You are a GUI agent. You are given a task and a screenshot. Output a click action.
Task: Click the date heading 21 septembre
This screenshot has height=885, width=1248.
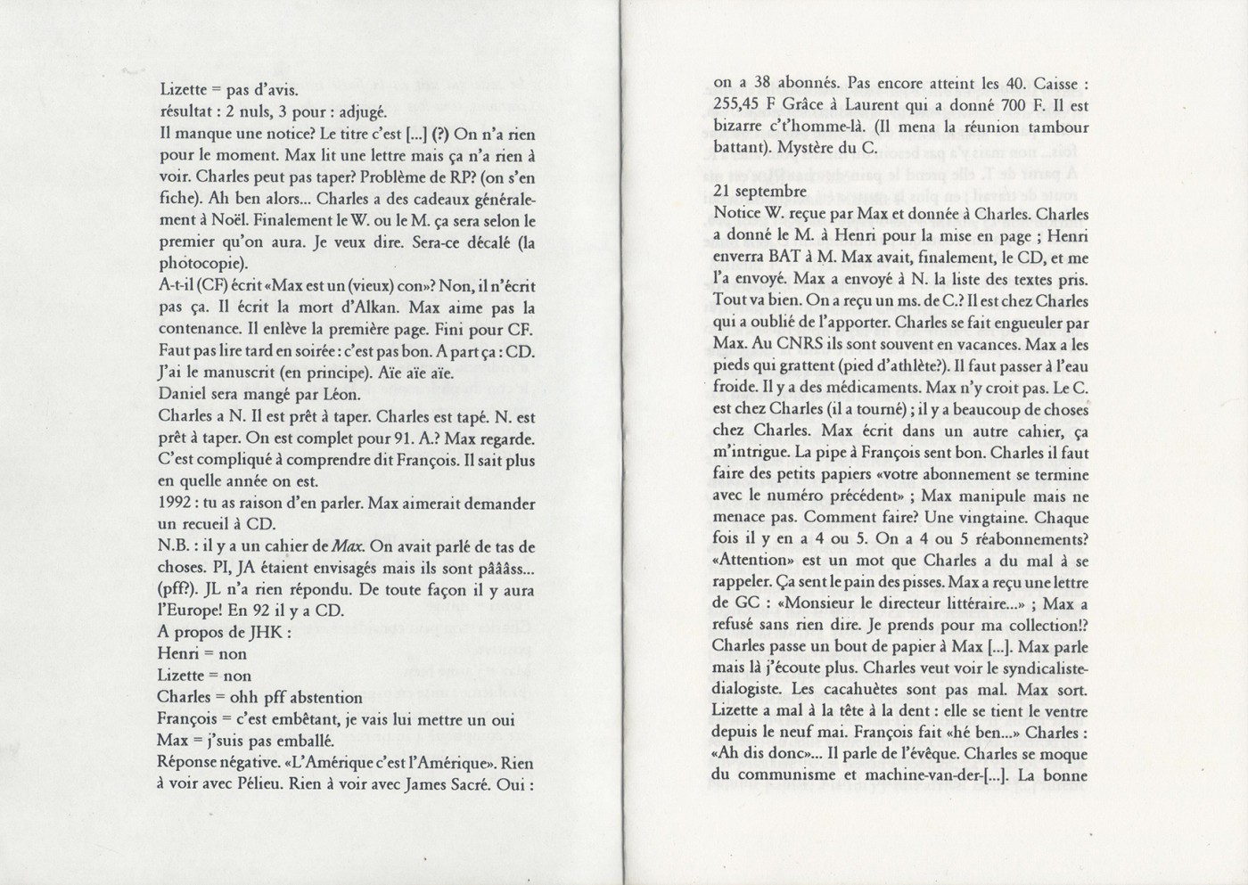coord(759,192)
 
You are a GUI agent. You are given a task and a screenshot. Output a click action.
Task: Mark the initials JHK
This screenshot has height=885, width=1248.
coord(266,632)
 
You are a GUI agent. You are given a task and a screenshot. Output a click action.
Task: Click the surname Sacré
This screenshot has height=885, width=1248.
coord(473,784)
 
